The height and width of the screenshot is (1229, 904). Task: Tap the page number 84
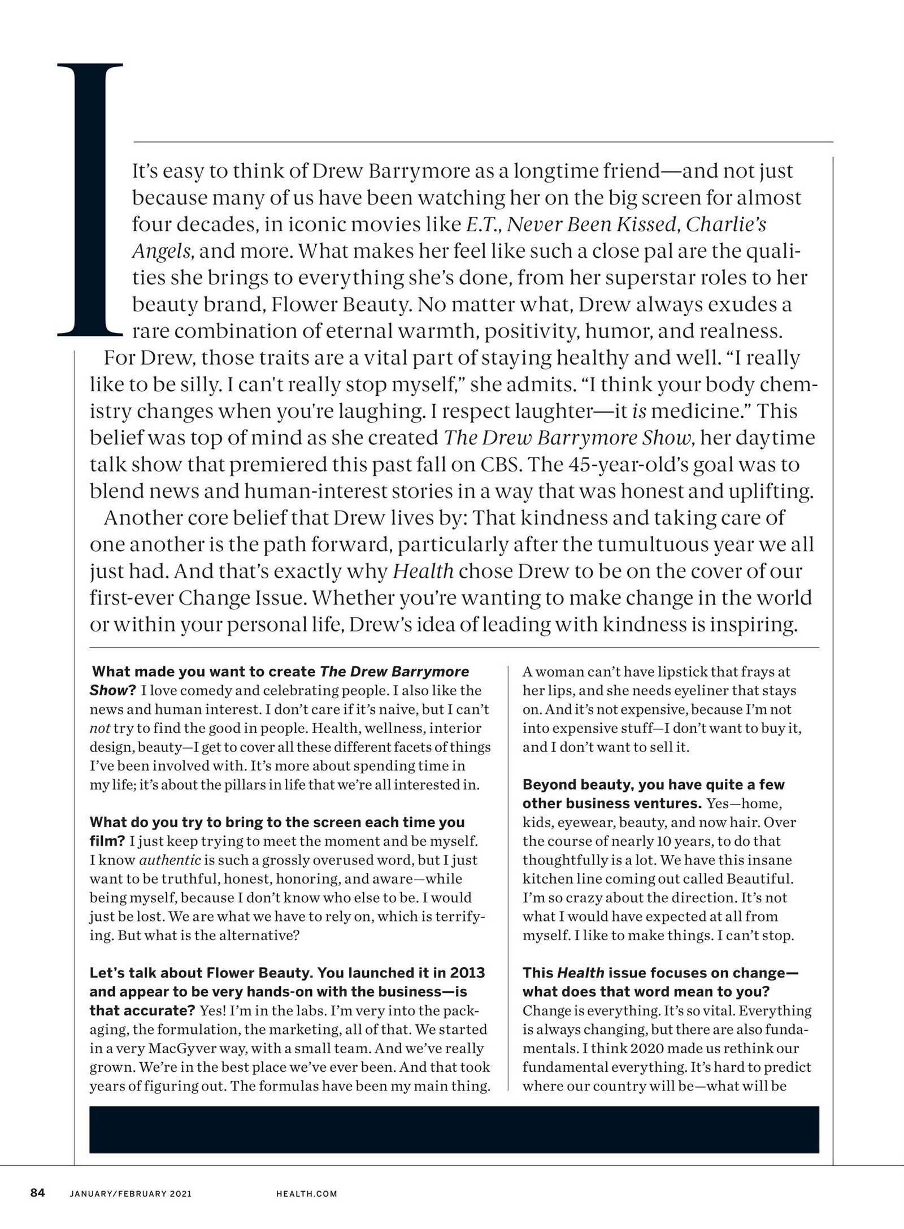tap(37, 1193)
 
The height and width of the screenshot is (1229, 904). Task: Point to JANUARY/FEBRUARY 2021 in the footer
tap(131, 1194)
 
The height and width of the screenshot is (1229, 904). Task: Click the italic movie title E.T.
tap(484, 225)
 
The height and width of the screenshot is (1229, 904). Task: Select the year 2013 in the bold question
tap(467, 973)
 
